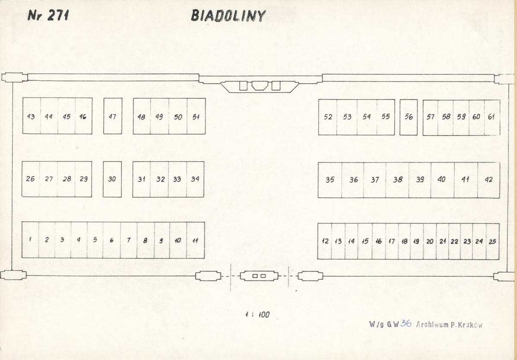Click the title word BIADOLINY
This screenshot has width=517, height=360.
(228, 16)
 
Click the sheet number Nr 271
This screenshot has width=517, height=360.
(48, 15)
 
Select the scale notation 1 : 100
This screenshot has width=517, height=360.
(257, 315)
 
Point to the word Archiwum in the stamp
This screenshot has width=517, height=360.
(432, 325)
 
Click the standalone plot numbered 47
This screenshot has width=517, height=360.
(113, 116)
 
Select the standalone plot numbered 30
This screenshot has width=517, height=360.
(112, 179)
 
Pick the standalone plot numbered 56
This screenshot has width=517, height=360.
(409, 117)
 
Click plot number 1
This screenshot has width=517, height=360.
(30, 240)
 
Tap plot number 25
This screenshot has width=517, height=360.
(492, 241)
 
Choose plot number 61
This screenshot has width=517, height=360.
(492, 117)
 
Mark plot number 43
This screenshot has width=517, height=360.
(32, 116)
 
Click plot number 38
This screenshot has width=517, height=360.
(397, 180)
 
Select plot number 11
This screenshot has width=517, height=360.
(195, 240)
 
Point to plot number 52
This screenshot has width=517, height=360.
(328, 117)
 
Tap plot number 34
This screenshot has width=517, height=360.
(195, 179)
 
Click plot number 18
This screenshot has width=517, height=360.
(404, 241)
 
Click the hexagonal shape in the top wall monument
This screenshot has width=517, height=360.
(259, 85)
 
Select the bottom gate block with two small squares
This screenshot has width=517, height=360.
(259, 275)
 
